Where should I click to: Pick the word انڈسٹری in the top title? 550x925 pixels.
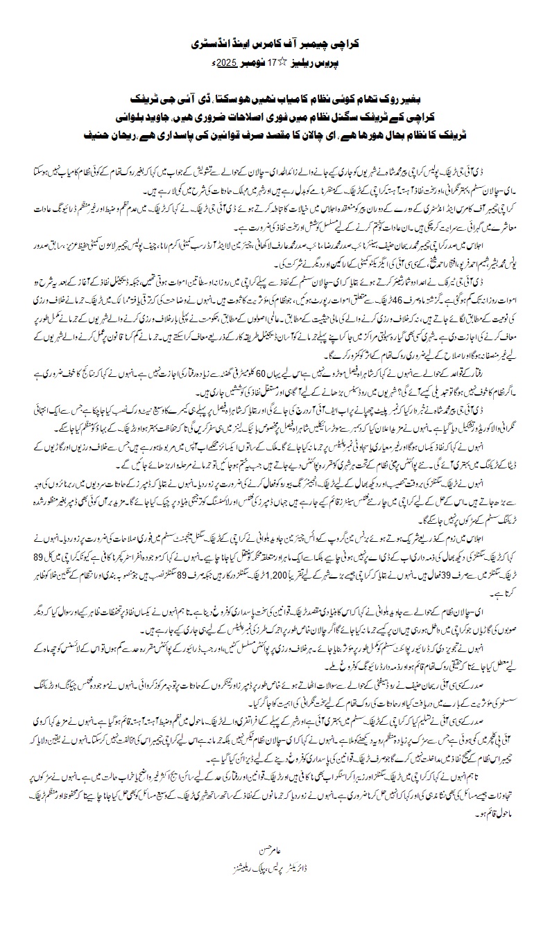tap(206, 43)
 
